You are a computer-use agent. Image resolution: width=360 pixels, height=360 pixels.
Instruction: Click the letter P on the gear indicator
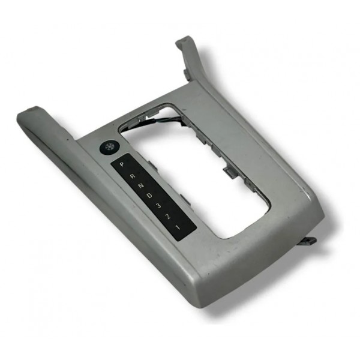point(122,164)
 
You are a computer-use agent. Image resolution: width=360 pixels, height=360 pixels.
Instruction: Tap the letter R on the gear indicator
point(132,176)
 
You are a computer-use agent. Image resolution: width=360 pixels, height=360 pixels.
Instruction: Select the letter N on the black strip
point(141,186)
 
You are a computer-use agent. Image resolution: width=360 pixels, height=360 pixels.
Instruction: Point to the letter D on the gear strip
point(149,196)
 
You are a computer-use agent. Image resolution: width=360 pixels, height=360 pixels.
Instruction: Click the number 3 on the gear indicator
point(158,206)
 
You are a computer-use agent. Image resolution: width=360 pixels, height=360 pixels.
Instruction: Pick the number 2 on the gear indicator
point(168,216)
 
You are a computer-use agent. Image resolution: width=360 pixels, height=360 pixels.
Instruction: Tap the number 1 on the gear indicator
point(177,227)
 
